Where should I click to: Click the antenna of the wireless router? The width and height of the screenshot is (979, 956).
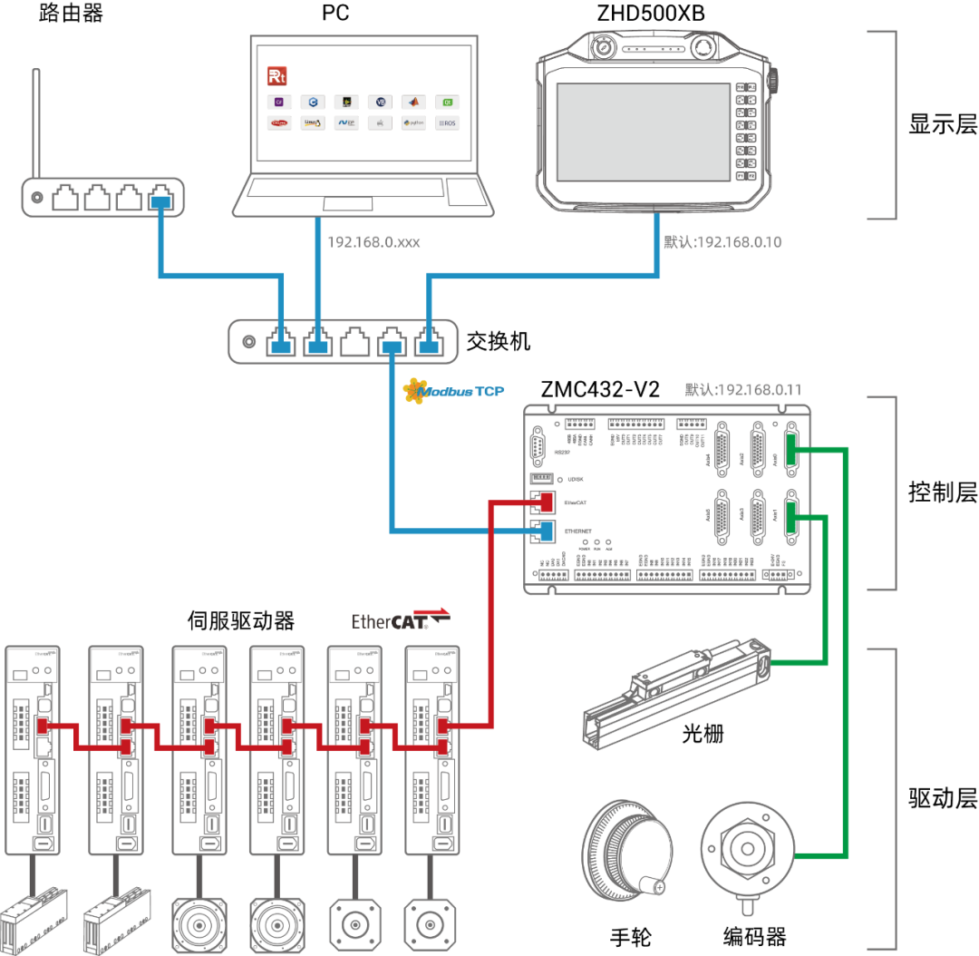[x=35, y=123]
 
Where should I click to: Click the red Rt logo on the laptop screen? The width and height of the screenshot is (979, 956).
[x=276, y=75]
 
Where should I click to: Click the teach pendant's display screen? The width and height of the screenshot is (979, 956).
[x=642, y=132]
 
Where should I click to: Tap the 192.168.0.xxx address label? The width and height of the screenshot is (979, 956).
[x=373, y=243]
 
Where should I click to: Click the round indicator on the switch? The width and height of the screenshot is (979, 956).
[x=249, y=342]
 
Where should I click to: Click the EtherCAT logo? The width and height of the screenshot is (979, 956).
[x=400, y=620]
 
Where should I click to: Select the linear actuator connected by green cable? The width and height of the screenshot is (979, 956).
[x=675, y=695]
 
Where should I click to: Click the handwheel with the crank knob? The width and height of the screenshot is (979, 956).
[x=626, y=850]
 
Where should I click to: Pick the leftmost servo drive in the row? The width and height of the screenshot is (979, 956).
[x=33, y=749]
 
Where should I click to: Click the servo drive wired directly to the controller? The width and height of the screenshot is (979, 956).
[x=431, y=749]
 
